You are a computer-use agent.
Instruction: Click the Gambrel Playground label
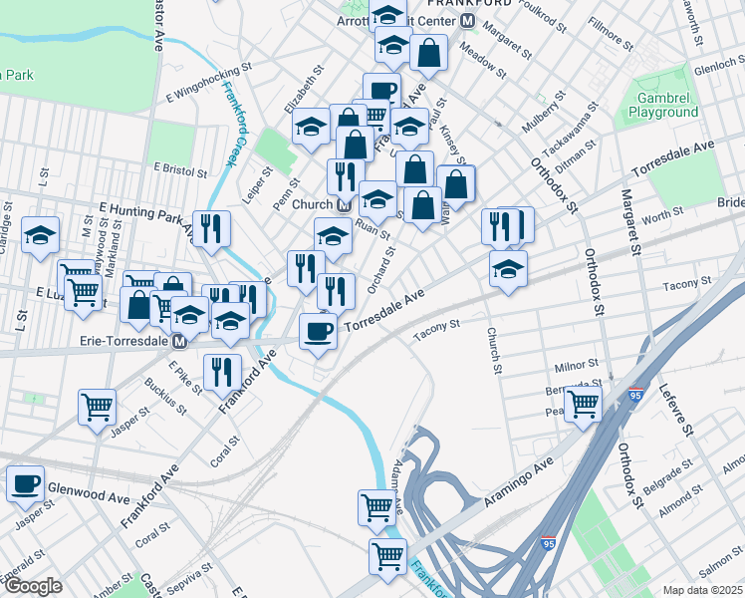[x=662, y=106]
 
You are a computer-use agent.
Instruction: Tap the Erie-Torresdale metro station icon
[x=180, y=342]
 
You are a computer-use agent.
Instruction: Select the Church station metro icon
[x=344, y=205]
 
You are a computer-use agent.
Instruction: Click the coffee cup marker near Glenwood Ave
[x=25, y=483]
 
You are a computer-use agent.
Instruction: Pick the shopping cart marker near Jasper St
[x=98, y=406]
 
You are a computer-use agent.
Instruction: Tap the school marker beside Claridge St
[x=40, y=235]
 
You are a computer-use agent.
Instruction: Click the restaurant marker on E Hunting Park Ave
[x=211, y=228]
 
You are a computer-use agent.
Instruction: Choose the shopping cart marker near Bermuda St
[x=583, y=403]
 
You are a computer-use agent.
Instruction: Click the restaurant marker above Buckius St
[x=222, y=371]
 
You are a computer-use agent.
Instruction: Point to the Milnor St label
[x=575, y=366]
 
